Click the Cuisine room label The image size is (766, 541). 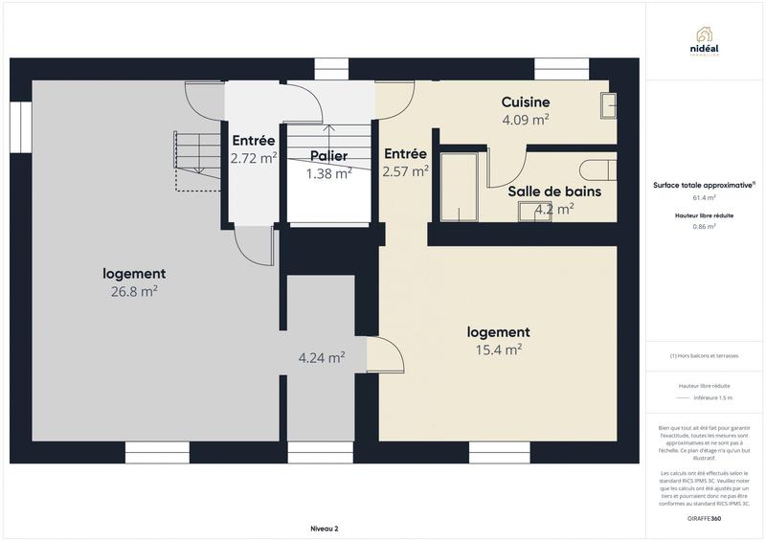[x=526, y=102]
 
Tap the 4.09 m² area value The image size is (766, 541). [x=526, y=121]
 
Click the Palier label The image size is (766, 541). [x=327, y=156]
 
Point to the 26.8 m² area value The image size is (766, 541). [x=134, y=292]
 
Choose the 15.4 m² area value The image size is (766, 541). [x=498, y=350]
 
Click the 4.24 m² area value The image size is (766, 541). [x=322, y=358]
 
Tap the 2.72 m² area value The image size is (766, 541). [x=254, y=158]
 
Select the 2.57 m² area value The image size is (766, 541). [x=405, y=171]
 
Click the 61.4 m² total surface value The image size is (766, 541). [x=705, y=198]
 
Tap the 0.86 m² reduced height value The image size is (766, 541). [x=705, y=227]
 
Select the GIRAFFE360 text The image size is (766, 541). [x=705, y=518]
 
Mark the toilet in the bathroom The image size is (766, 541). [x=602, y=170]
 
